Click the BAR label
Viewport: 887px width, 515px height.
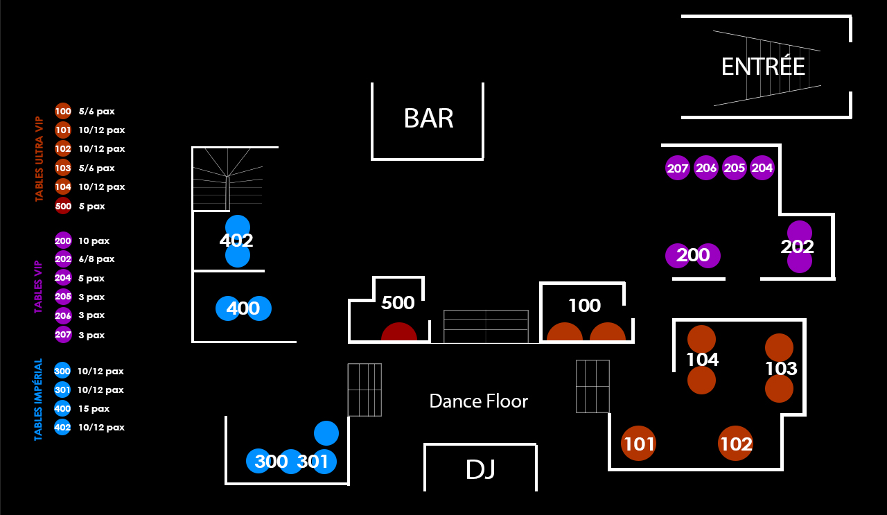[428, 119]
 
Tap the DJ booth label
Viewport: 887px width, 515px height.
[480, 470]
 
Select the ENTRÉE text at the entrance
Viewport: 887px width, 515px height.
[763, 67]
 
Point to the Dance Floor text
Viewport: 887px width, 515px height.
[478, 401]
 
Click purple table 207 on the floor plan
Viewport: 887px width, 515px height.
[678, 168]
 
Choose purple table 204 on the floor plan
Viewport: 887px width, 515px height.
[762, 168]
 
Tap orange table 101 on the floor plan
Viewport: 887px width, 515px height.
[639, 444]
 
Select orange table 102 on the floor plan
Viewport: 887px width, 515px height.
[736, 444]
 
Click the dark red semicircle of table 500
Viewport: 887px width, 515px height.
[399, 333]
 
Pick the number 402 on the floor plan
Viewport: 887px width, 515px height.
[236, 241]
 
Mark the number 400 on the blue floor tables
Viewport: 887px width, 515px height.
[243, 308]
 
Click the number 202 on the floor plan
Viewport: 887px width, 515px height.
[797, 247]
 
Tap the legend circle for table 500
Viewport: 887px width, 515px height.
[63, 206]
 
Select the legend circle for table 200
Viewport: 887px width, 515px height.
[63, 241]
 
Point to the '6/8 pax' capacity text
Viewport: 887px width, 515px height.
[96, 259]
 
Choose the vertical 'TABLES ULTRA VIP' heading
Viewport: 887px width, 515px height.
[39, 159]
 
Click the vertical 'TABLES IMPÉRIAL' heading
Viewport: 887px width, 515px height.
[39, 400]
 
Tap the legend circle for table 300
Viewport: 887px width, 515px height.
[62, 372]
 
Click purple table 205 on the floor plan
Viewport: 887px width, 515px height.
[734, 168]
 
